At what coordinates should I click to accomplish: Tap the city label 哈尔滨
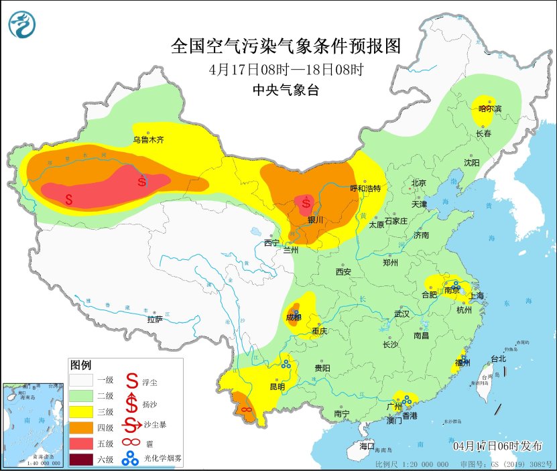coord(489,109)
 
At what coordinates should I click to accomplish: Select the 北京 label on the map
coord(419,183)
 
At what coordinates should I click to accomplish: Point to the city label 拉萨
coord(155,320)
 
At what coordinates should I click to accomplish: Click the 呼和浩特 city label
coord(366,189)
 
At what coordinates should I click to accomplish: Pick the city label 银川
coord(315,220)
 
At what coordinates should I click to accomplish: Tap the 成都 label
coord(294,317)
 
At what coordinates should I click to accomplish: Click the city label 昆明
coord(277,387)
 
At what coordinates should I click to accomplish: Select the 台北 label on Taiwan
coord(499,359)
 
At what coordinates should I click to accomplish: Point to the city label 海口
coord(367,446)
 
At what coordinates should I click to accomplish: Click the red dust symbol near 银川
coord(306,202)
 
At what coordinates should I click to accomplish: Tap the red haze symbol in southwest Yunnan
coord(246,409)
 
